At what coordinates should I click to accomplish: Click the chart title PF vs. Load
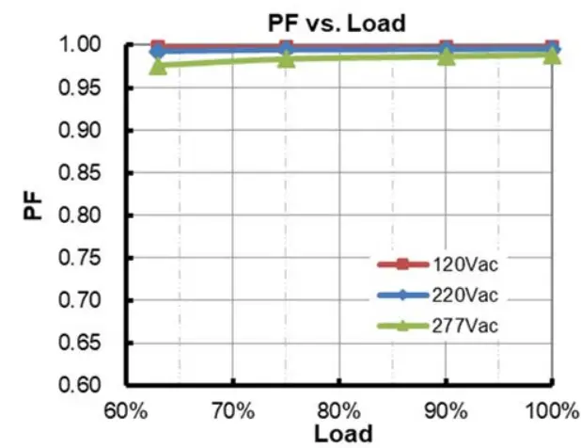[339, 23]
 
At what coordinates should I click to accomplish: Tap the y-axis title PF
[33, 206]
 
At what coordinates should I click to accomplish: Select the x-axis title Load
[338, 434]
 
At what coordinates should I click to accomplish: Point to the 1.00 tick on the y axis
[91, 44]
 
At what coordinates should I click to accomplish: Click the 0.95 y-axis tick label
[91, 88]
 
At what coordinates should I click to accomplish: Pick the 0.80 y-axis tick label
[91, 216]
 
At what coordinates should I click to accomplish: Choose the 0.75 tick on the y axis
[91, 258]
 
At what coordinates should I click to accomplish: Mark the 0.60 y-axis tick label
[91, 386]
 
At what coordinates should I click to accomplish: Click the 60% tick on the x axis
[126, 410]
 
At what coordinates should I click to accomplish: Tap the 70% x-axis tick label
[232, 410]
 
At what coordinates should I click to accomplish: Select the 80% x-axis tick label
[338, 410]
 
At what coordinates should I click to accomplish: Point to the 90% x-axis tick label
[445, 410]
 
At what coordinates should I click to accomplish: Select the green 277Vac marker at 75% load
[286, 58]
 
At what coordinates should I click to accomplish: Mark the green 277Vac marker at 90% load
[446, 56]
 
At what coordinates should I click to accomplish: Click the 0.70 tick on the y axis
[91, 300]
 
